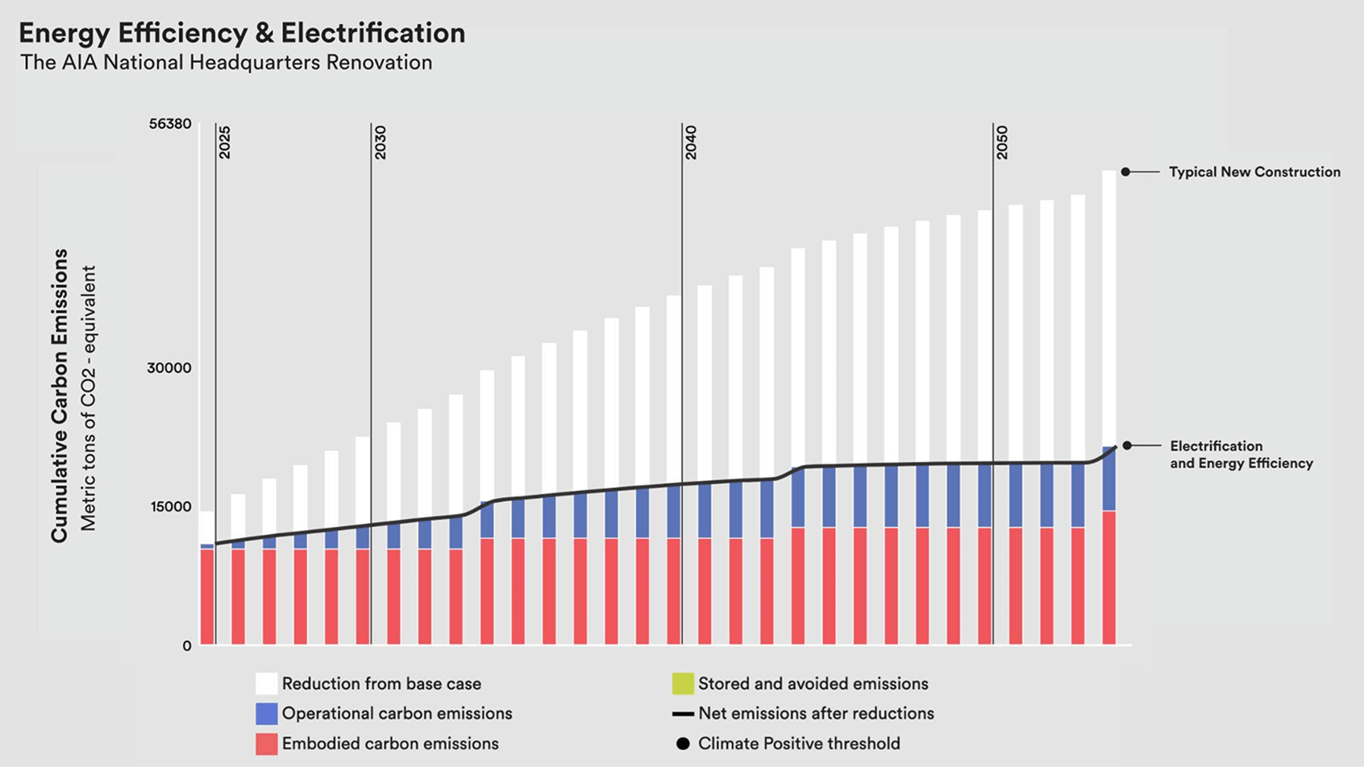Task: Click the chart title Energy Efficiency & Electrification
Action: coord(242,33)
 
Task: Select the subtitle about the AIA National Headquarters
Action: coord(227,63)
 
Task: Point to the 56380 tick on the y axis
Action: coord(170,124)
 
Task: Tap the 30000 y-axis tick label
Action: coord(169,368)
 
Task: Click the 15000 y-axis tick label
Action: coord(169,507)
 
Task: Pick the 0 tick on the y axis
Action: coord(187,646)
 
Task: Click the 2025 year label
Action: coord(225,143)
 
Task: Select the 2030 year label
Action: coord(381,143)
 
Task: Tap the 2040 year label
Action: coord(691,143)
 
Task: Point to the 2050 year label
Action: coord(1002,143)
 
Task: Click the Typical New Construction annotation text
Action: coord(1254,172)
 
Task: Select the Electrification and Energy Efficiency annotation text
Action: coord(1241,454)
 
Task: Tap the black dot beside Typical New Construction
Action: coord(1126,172)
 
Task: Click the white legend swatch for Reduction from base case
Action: coord(267,684)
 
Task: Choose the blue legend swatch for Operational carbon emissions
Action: coord(267,714)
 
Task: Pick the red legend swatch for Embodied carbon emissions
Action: coord(267,744)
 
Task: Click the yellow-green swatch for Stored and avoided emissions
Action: coord(683,684)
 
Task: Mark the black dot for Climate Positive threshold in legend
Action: coord(683,744)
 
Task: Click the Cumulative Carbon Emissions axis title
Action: coord(60,395)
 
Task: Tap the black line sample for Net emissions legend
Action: coord(683,714)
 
